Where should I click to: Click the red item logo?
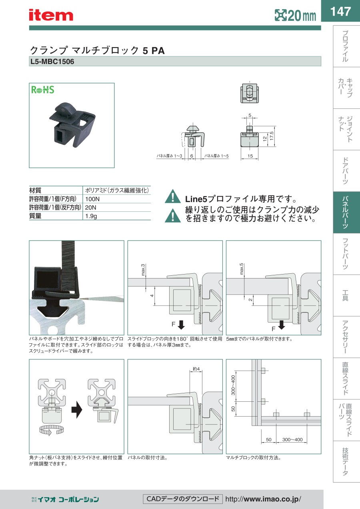[x=51, y=15]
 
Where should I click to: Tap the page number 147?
[x=340, y=11]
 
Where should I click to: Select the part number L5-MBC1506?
[x=52, y=62]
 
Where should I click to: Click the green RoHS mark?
[x=43, y=90]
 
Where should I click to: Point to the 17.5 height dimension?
[x=272, y=136]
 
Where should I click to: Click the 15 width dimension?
[x=250, y=156]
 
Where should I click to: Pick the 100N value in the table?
[x=92, y=199]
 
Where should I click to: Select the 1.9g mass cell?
[x=91, y=216]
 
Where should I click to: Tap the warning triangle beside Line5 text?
[x=173, y=196]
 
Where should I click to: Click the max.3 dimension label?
[x=143, y=270]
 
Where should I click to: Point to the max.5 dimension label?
[x=241, y=269]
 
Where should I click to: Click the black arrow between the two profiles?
[x=77, y=410]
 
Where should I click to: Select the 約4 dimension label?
[x=196, y=369]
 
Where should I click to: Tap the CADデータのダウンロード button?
[x=183, y=499]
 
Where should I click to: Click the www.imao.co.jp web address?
[x=263, y=499]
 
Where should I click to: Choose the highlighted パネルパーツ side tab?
[x=345, y=212]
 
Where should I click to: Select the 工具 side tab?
[x=345, y=295]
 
